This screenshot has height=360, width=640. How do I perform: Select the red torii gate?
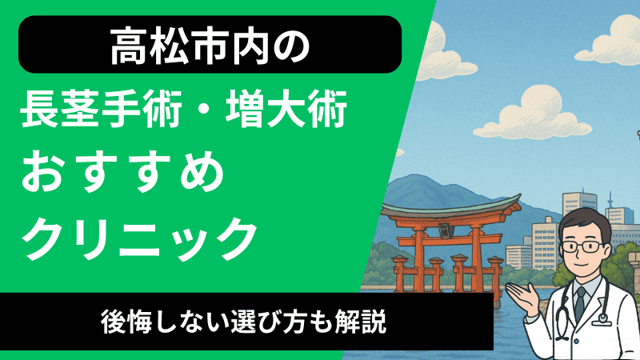point(436,240)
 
